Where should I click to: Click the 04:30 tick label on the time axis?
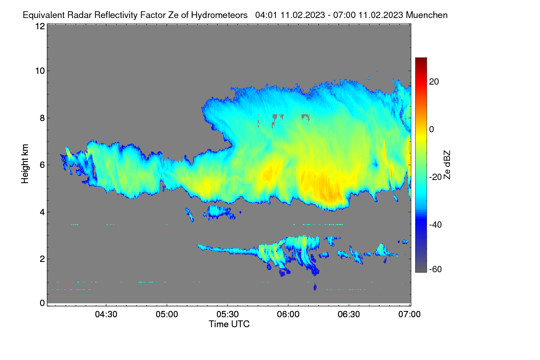point(106,314)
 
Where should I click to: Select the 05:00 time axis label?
point(167,314)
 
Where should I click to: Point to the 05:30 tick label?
point(228,314)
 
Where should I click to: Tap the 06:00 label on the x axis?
point(288,314)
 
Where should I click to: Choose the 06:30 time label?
point(349,314)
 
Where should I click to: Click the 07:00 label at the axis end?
point(409,314)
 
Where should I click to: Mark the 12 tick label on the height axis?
point(40,26)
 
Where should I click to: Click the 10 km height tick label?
point(40,71)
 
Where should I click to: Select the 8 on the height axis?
point(43,118)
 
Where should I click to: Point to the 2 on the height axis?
point(43,259)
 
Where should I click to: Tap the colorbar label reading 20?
point(434,82)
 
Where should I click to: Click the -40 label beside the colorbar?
point(436,225)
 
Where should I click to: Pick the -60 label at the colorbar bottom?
point(436,270)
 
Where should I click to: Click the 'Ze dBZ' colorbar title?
point(447,165)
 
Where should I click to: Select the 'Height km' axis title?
point(25,164)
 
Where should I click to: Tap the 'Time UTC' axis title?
point(229,324)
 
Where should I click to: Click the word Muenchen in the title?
point(427,15)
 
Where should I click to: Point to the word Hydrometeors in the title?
point(220,15)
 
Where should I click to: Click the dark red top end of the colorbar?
point(421,59)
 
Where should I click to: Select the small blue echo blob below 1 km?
point(315,287)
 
